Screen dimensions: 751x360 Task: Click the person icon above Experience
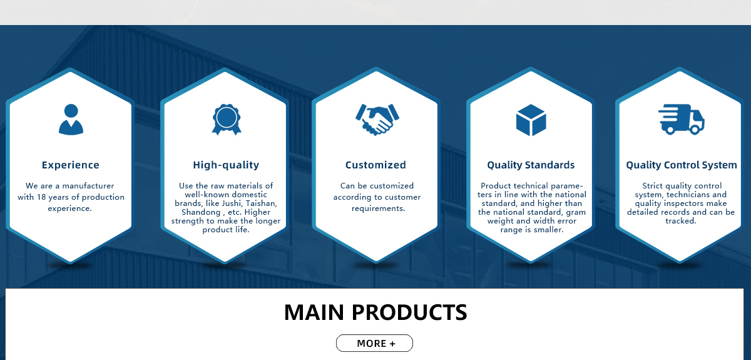[x=71, y=120]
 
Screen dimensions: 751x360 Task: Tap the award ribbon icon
[x=227, y=120]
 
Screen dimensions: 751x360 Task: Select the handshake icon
[x=377, y=120]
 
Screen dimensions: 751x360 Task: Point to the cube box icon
[x=531, y=120]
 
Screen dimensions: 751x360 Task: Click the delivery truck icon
[x=682, y=120]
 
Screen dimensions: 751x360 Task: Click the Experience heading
[x=70, y=165]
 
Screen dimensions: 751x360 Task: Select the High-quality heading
[x=226, y=165]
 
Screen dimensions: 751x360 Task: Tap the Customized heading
[x=375, y=165]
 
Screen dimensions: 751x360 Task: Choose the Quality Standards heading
[x=531, y=165]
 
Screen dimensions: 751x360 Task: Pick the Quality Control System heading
[x=682, y=165]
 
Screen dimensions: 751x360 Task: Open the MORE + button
[x=374, y=343]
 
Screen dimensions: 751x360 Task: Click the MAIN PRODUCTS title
[x=375, y=312]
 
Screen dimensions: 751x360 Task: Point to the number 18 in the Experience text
[x=41, y=197]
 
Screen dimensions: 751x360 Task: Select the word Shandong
[x=201, y=212]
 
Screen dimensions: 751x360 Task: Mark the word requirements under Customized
[x=378, y=208]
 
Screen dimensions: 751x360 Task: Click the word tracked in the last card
[x=681, y=221]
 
